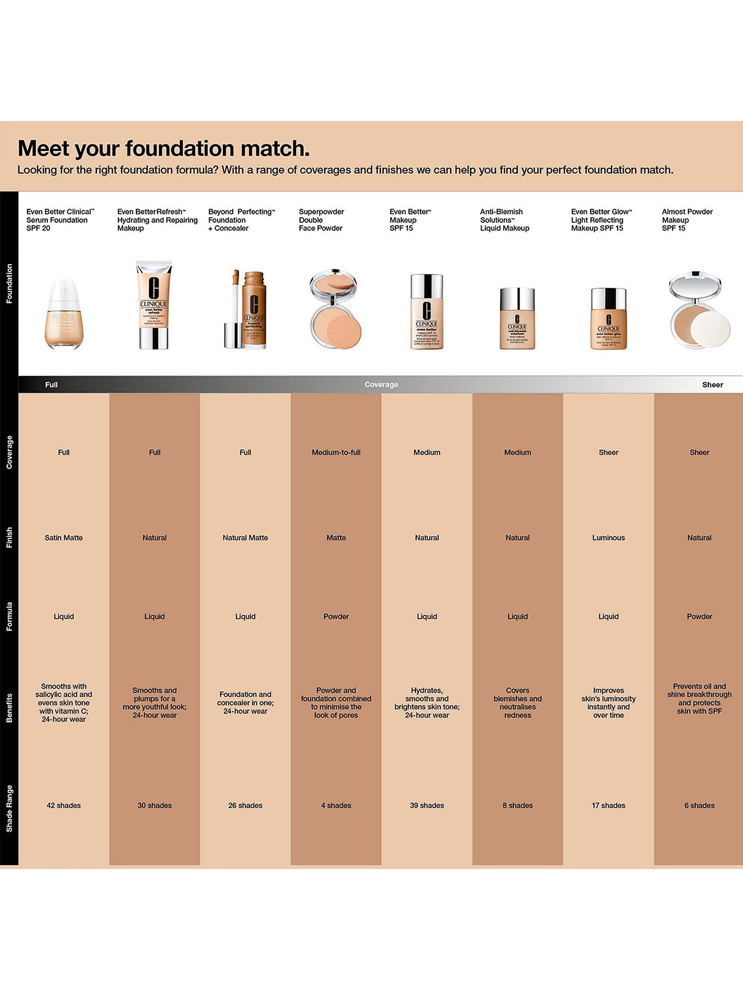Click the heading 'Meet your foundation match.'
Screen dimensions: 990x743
point(163,148)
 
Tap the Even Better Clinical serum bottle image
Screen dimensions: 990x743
point(64,314)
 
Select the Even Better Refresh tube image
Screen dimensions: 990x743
point(154,305)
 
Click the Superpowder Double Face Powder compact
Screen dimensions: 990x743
point(334,309)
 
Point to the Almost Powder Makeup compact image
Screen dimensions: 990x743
point(699,310)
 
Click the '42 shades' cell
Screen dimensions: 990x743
point(64,805)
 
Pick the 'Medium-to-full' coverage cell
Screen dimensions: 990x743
point(336,453)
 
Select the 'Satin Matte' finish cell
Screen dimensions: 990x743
point(64,538)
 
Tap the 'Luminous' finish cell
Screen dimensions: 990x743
point(608,538)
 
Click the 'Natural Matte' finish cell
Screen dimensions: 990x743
point(245,538)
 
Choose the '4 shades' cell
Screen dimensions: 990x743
point(336,805)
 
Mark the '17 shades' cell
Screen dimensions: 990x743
point(608,805)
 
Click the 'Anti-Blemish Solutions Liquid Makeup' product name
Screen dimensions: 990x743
point(504,220)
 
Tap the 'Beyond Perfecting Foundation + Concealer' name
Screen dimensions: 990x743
point(241,220)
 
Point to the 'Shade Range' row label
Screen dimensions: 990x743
point(9,809)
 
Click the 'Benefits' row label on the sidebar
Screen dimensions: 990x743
point(9,708)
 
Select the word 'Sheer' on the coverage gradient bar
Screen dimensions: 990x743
point(712,385)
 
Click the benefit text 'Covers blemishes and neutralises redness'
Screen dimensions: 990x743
point(517,703)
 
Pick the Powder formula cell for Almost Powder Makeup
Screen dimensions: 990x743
point(699,617)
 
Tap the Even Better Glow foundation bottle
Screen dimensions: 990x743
point(608,318)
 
